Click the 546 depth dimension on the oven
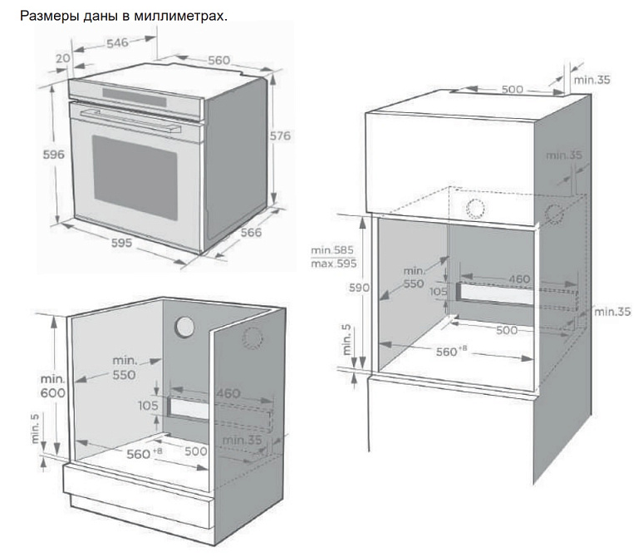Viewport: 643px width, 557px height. tap(117, 43)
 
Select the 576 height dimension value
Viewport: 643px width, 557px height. tap(280, 135)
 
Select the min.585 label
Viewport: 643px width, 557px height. tap(333, 249)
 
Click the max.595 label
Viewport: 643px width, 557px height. tap(333, 264)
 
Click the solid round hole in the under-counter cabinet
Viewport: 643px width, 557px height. tap(186, 328)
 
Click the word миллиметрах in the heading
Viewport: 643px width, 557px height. tap(184, 16)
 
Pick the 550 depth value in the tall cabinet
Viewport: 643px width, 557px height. tap(413, 283)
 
